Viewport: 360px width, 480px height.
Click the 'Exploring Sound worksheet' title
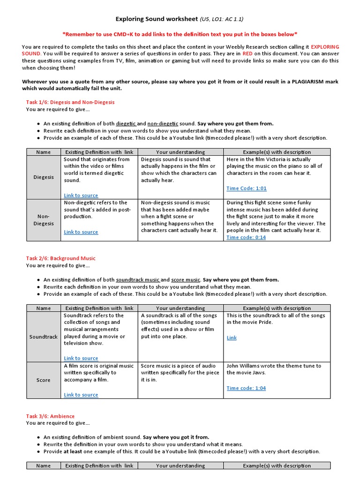click(x=157, y=19)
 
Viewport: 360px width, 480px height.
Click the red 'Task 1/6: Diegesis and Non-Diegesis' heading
click(x=70, y=102)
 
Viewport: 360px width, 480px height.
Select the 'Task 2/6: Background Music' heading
click(x=60, y=258)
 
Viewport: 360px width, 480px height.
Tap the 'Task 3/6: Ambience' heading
click(x=50, y=416)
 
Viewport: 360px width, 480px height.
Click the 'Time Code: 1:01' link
click(x=246, y=188)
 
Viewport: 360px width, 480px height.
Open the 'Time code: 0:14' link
click(x=246, y=237)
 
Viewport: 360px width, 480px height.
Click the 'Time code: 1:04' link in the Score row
click(x=246, y=388)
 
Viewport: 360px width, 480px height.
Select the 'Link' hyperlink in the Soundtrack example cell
click(x=232, y=337)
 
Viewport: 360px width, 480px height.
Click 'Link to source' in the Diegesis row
click(x=81, y=195)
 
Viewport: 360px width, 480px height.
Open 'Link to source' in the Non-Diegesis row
click(x=81, y=232)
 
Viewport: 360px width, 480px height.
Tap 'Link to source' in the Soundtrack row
click(x=81, y=358)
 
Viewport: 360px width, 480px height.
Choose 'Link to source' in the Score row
click(x=81, y=395)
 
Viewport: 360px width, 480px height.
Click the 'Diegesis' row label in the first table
click(x=44, y=177)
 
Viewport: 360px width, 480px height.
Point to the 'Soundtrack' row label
click(x=44, y=337)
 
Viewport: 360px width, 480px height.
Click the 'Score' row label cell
click(x=44, y=380)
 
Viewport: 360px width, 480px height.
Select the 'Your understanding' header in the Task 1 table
click(x=180, y=152)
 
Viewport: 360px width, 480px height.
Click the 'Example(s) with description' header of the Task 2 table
click(x=277, y=308)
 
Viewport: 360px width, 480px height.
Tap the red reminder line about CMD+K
click(x=180, y=34)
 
